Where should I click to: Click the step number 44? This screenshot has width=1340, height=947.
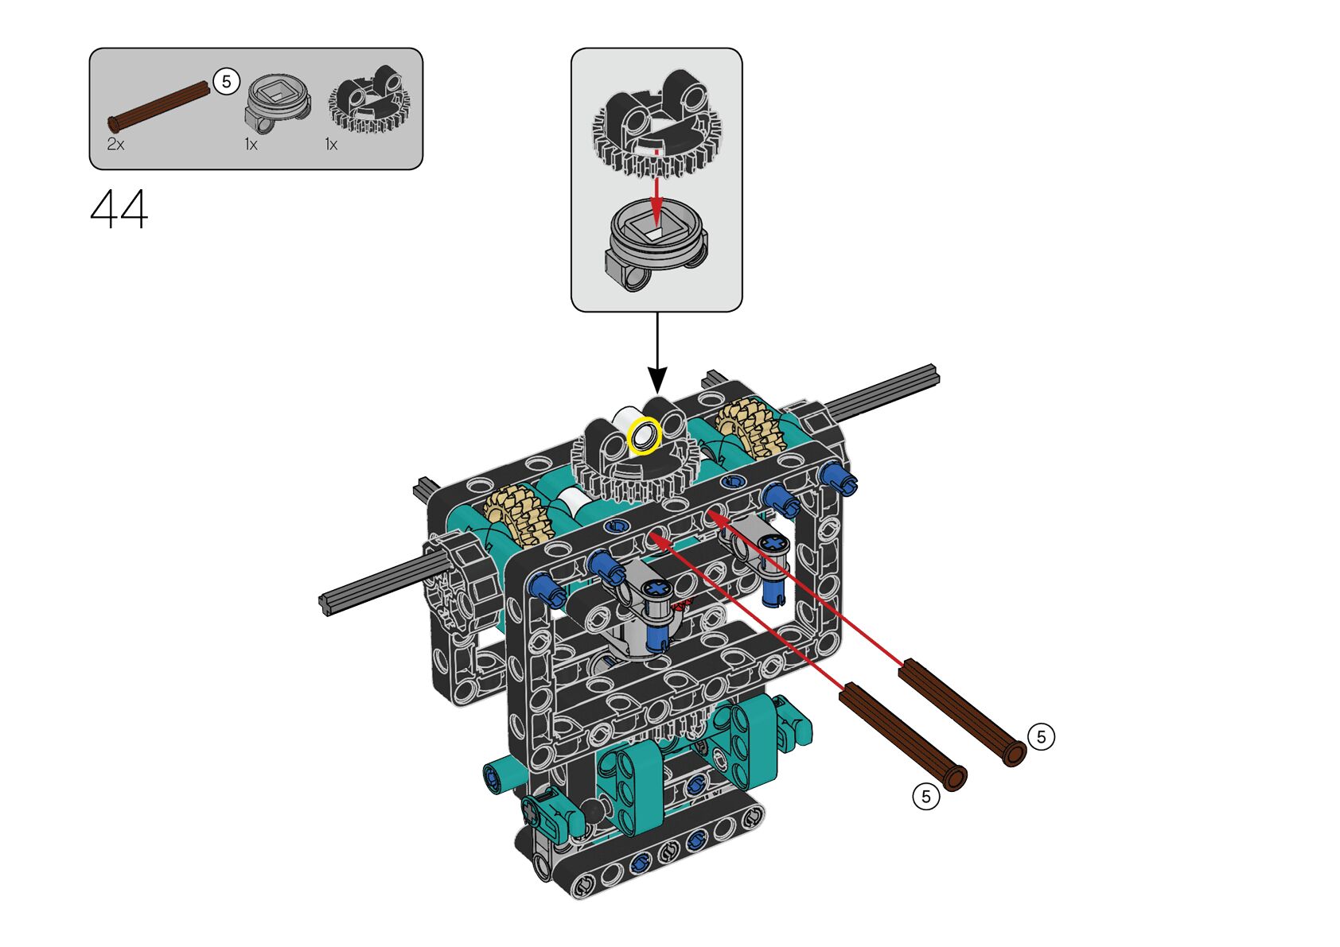coord(119,209)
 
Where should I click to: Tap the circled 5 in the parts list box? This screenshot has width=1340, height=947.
coord(227,81)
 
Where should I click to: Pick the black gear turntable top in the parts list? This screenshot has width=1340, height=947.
coord(368,99)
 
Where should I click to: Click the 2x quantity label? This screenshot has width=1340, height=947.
coord(115,144)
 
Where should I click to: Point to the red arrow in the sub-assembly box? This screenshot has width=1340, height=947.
coord(656,192)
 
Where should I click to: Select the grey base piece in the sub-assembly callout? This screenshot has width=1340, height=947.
coord(656,244)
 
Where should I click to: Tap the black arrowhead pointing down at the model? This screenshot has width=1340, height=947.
coord(657,380)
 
